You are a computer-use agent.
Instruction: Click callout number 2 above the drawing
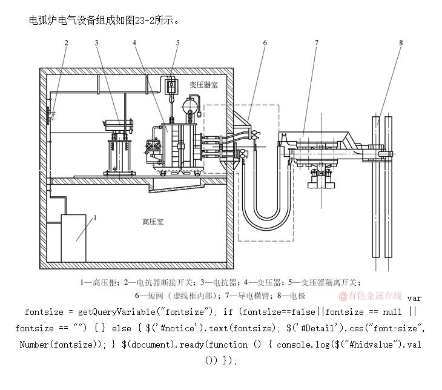click(x=66, y=42)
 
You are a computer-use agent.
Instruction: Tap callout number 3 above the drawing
click(x=96, y=42)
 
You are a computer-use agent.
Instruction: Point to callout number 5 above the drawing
click(x=178, y=42)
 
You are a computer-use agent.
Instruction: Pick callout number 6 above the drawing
click(x=265, y=42)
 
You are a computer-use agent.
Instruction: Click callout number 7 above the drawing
click(x=316, y=42)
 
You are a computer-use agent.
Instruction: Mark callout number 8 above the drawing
click(x=401, y=42)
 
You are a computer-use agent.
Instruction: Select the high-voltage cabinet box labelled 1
click(x=76, y=237)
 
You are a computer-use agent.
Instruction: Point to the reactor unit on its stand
click(x=119, y=148)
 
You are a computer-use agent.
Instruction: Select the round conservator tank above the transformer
click(x=194, y=110)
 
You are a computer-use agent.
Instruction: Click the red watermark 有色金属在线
click(x=370, y=296)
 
